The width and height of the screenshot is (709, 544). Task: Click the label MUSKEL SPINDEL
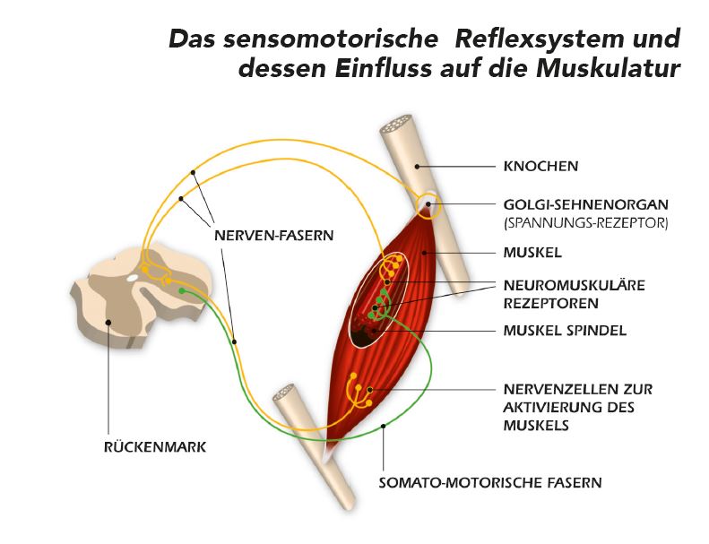tap(564, 330)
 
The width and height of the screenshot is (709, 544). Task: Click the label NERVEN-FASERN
tap(273, 236)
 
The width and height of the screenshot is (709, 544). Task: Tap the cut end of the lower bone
tap(289, 393)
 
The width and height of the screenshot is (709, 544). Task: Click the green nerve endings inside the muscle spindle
tap(382, 303)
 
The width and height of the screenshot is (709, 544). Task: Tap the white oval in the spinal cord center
tap(133, 278)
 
